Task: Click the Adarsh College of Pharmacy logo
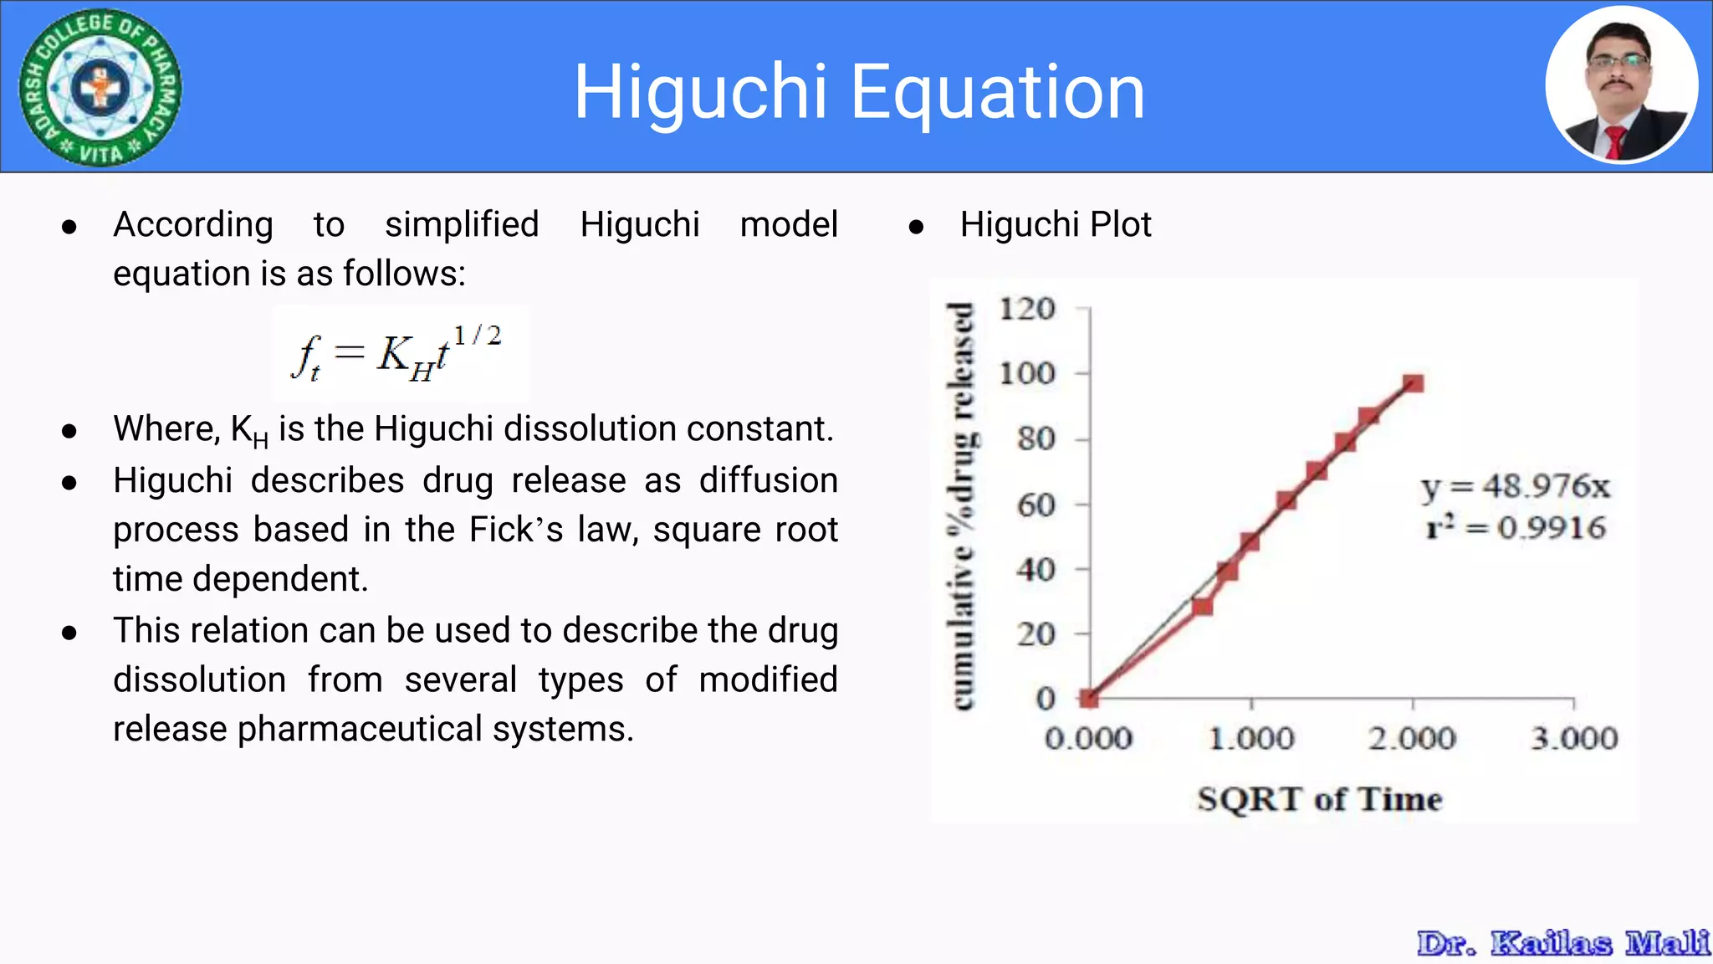100,87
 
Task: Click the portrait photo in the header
1622,85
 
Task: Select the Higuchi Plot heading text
1056,224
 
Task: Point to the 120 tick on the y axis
1027,309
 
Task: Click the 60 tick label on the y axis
1035,505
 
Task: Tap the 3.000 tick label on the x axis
1574,738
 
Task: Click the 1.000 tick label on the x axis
1251,738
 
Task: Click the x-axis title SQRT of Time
1319,798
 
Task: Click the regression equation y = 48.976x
1515,486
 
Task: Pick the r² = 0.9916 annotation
1515,528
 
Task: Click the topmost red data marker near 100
1414,383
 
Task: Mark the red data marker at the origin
1089,697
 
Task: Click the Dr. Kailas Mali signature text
1562,943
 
